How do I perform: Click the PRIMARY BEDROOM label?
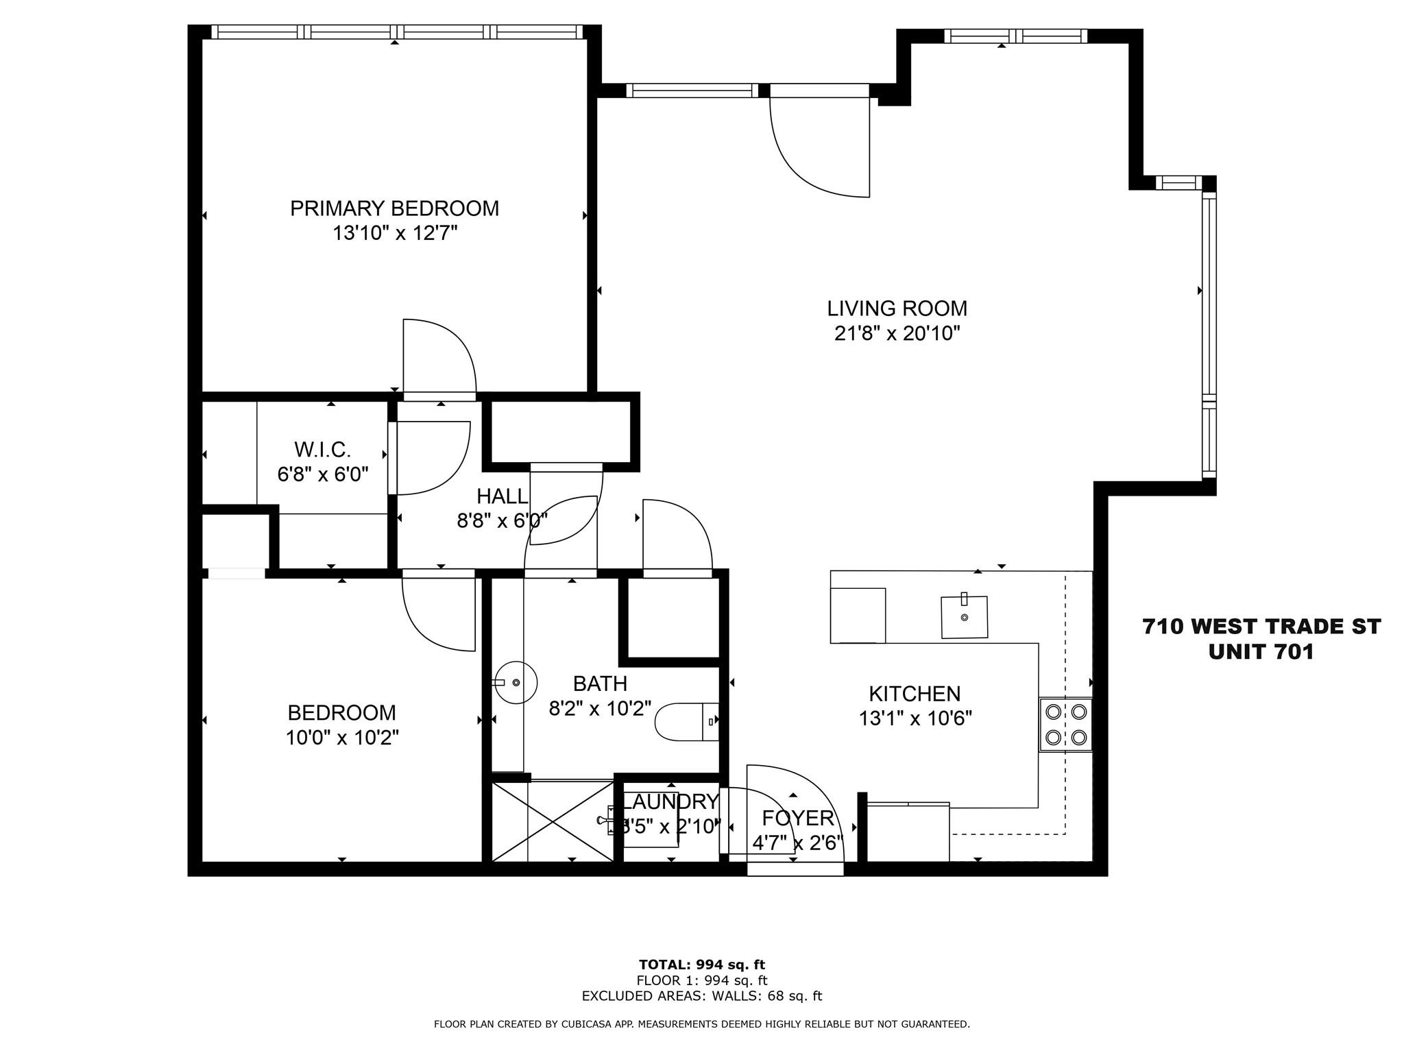[394, 208]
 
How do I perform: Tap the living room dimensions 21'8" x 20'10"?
[897, 334]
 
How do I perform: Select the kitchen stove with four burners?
[1065, 725]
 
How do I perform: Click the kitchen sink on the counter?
[965, 617]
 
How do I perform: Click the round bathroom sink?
[516, 683]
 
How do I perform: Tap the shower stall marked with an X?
[553, 821]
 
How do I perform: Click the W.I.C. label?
[322, 450]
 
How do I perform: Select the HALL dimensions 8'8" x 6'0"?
[502, 522]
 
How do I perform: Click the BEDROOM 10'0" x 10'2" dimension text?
[342, 738]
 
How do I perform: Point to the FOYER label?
[798, 818]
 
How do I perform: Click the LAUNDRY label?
[670, 801]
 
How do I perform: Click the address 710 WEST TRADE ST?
[1261, 627]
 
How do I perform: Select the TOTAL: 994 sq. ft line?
[701, 965]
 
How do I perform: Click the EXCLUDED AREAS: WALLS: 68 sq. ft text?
[701, 997]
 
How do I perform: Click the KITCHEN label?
[915, 694]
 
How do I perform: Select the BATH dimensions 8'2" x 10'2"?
[600, 709]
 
